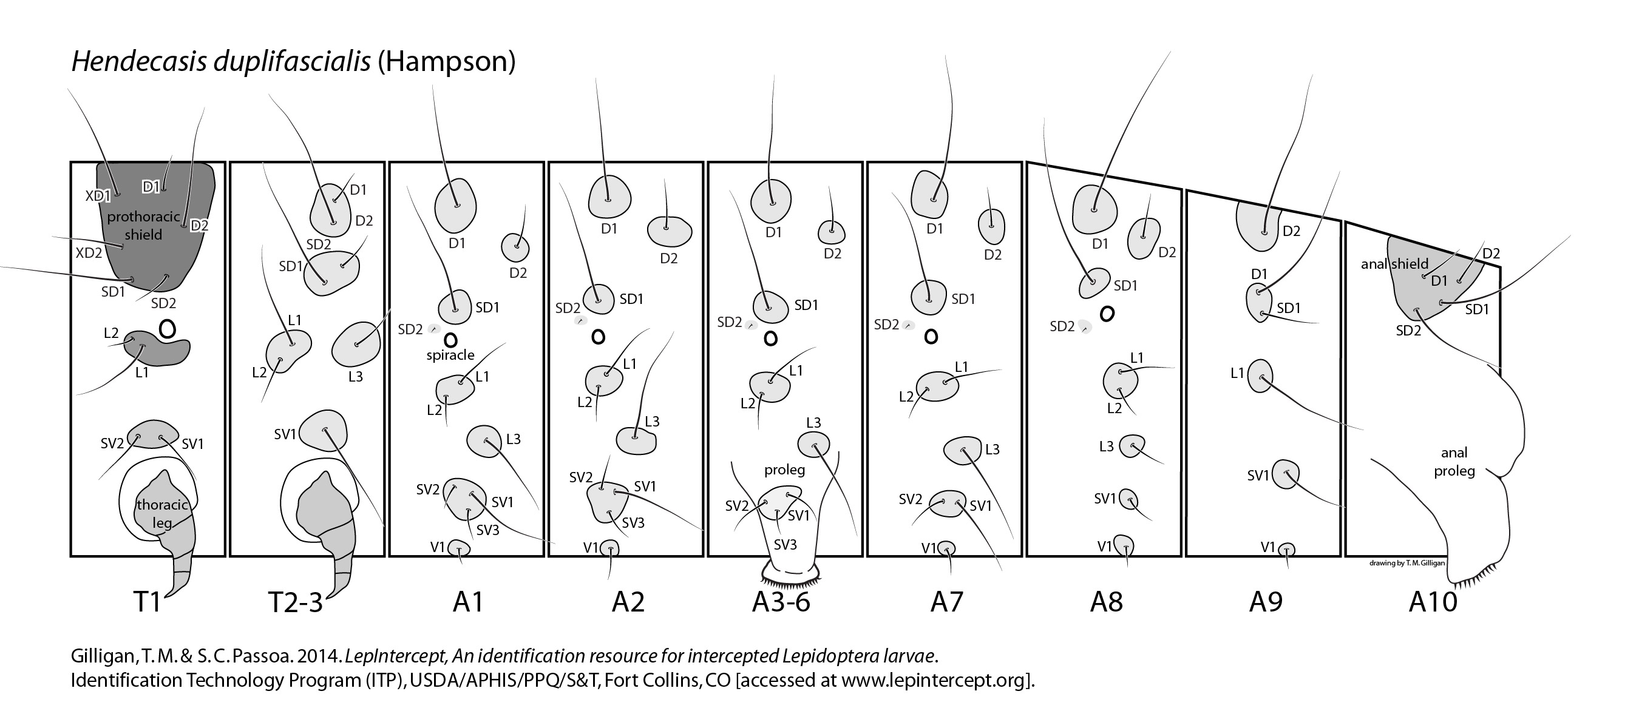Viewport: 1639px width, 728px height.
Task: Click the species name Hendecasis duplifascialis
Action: coord(221,62)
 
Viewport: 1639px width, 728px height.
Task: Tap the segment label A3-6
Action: coord(781,601)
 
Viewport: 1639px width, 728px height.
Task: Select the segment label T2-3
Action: coord(296,602)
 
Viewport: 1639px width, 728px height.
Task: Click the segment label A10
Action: coord(1433,601)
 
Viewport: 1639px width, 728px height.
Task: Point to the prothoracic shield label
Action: coord(143,226)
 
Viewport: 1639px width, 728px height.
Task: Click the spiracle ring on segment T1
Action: coord(168,329)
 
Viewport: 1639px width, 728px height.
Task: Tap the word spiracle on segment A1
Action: coord(450,355)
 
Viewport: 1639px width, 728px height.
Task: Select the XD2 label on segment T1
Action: coord(89,253)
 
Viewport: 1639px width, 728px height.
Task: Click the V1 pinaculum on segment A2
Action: coord(609,548)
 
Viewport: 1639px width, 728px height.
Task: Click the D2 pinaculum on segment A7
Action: coord(991,226)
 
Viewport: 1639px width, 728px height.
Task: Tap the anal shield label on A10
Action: coord(1394,264)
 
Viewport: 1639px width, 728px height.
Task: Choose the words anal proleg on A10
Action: coord(1454,462)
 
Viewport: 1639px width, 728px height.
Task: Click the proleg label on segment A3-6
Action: coord(784,470)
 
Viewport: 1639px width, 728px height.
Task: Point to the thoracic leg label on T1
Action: coord(162,514)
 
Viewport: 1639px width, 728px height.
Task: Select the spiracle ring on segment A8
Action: coord(1107,314)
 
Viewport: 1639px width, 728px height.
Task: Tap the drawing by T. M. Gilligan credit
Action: coord(1407,564)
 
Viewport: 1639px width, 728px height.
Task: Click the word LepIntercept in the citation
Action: coord(385,656)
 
